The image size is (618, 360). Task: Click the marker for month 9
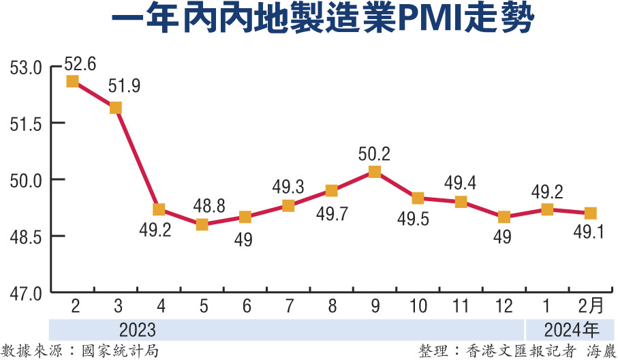point(374,172)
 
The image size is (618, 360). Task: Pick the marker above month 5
point(202,224)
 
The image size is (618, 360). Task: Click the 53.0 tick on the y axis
point(26,68)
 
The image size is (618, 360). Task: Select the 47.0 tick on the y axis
point(26,293)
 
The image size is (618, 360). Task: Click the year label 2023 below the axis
point(138,331)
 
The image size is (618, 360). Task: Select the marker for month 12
point(504,217)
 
